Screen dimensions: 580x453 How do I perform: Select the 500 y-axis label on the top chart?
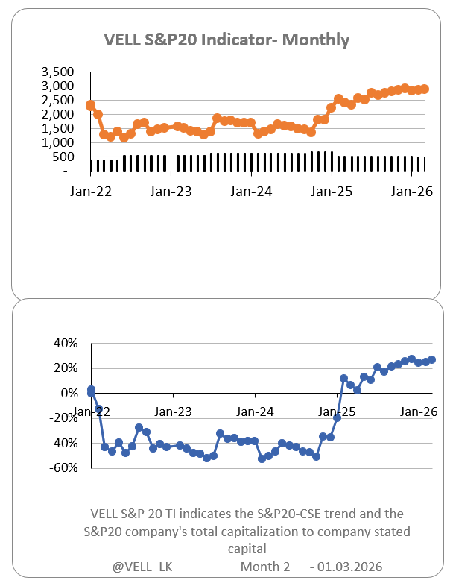point(66,157)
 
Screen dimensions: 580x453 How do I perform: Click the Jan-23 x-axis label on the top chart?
point(172,191)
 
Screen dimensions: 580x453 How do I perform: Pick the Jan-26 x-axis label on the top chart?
point(413,191)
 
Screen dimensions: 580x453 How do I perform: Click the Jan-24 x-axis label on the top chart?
point(253,191)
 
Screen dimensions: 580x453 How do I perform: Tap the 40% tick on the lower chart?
point(65,343)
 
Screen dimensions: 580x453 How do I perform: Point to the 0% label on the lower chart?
point(68,393)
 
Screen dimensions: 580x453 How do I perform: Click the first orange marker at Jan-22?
point(91,106)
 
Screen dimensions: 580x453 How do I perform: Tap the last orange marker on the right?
point(424,89)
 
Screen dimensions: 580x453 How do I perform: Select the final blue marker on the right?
point(432,359)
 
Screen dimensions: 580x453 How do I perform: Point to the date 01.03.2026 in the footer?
point(350,567)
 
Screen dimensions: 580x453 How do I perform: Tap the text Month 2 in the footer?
point(265,567)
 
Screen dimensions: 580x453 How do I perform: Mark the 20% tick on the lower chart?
point(65,368)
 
